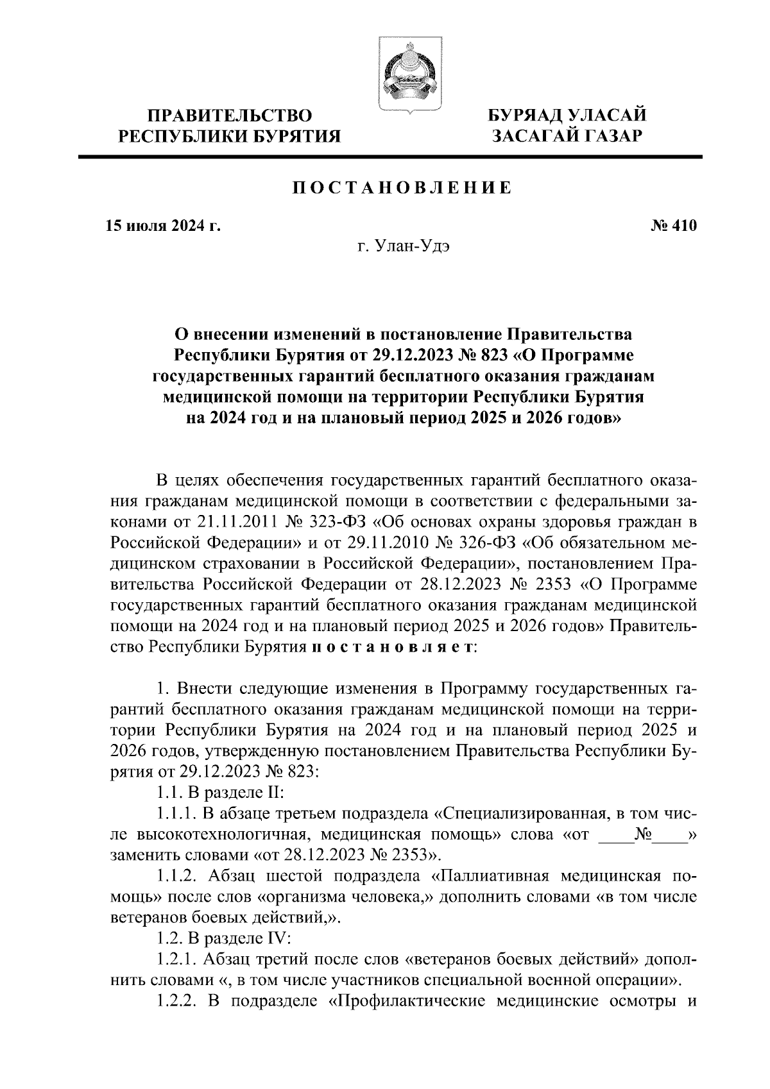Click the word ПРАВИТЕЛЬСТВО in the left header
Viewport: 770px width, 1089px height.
click(x=230, y=115)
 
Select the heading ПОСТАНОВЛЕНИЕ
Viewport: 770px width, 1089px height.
click(x=403, y=188)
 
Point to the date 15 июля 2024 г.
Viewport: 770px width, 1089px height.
click(x=163, y=226)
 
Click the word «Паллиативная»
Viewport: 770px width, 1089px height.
click(x=488, y=877)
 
